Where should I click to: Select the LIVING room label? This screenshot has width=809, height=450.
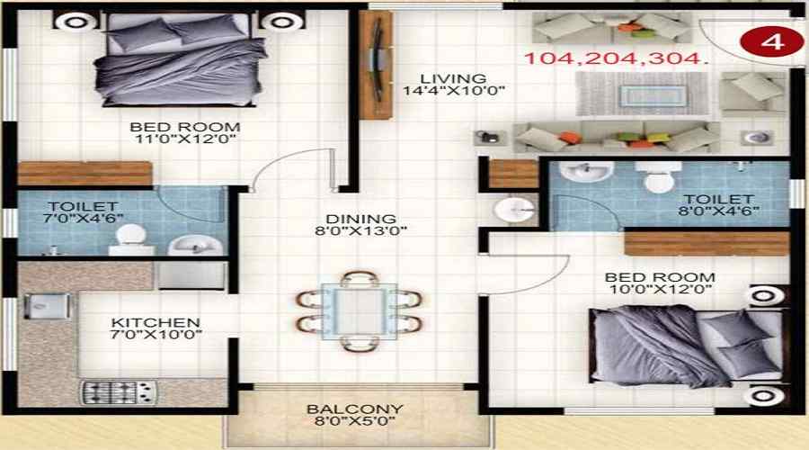pos(457,78)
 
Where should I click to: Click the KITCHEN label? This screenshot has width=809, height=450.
pos(156,322)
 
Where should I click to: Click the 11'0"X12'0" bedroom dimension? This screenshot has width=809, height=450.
pos(184,139)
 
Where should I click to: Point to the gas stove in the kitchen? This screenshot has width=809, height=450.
pos(120,391)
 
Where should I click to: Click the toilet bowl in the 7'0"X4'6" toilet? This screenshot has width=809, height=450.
pos(130,236)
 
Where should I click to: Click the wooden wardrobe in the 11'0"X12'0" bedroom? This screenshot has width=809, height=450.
pos(84,174)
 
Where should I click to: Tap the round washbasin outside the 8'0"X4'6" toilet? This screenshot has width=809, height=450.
pos(515,210)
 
